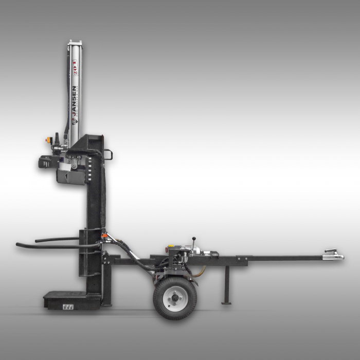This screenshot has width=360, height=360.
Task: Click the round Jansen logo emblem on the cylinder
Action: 75,122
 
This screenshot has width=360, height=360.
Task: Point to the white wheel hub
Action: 175,297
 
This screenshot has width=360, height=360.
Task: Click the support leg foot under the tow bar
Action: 226,302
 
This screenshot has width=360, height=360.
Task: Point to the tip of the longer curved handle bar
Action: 18,244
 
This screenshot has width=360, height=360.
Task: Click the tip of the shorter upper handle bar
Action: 37,239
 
